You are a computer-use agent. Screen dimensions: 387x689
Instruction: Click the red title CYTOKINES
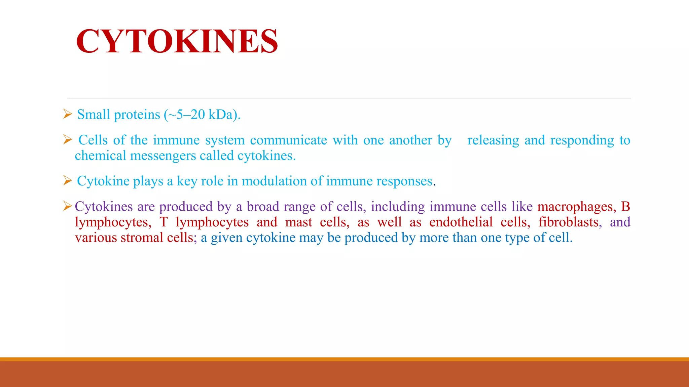pyautogui.click(x=177, y=41)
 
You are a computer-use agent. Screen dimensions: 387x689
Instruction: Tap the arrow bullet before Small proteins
pyautogui.click(x=68, y=114)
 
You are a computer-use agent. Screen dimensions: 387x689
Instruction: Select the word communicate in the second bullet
pyautogui.click(x=288, y=140)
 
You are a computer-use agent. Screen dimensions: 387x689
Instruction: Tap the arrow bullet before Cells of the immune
pyautogui.click(x=68, y=139)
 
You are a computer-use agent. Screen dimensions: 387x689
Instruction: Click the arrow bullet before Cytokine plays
pyautogui.click(x=68, y=181)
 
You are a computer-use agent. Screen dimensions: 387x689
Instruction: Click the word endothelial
pyautogui.click(x=461, y=222)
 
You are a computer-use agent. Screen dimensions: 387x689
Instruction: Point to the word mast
pyautogui.click(x=298, y=222)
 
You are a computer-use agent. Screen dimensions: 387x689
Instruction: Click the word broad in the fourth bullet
pyautogui.click(x=263, y=207)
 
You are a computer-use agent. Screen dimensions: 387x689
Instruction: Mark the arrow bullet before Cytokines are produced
pyautogui.click(x=68, y=206)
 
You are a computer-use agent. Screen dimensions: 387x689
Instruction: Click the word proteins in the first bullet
pyautogui.click(x=137, y=115)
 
